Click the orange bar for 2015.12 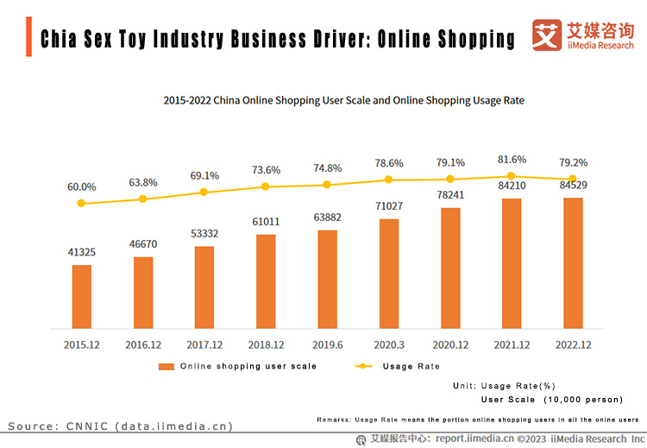click(82, 296)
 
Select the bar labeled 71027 click(389, 273)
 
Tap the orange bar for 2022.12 click(573, 262)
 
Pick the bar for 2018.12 click(266, 281)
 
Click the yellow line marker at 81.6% click(512, 176)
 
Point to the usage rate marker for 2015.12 click(82, 204)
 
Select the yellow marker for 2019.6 click(328, 185)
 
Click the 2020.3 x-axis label click(389, 344)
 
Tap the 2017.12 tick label click(204, 344)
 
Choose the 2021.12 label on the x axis click(512, 344)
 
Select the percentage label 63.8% click(143, 182)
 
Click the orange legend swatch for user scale click(166, 366)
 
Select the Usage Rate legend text click(411, 366)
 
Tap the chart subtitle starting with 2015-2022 click(343, 100)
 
